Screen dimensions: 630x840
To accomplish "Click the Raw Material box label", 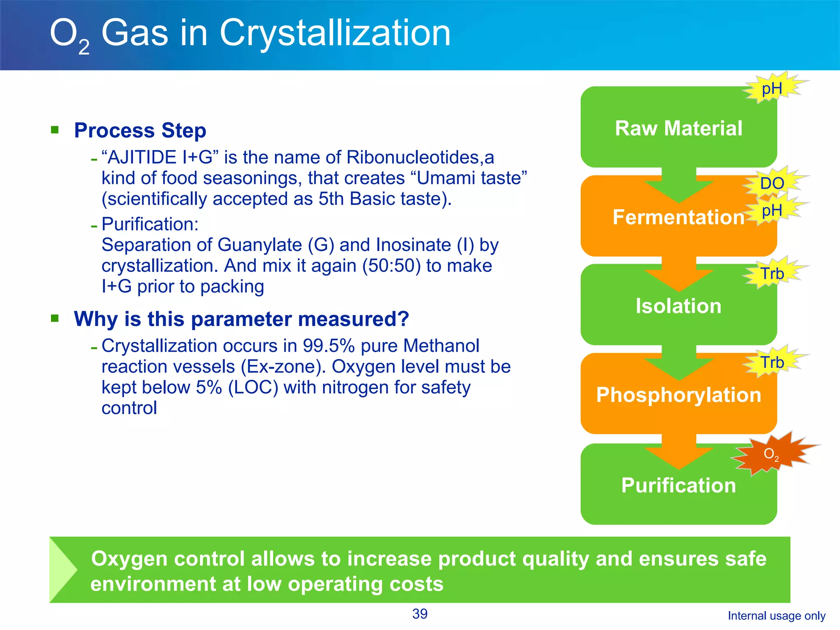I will (678, 128).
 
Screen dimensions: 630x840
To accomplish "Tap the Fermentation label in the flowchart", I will (678, 217).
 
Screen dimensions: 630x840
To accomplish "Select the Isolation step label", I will (678, 306).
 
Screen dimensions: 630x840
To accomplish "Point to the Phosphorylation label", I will (678, 395).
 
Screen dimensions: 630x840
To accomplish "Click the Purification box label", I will (678, 485).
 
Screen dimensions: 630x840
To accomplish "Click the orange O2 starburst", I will (771, 454).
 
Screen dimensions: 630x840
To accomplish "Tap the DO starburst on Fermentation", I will (772, 183).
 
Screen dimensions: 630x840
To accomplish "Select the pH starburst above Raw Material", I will (772, 89).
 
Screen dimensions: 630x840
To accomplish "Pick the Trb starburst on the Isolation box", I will (772, 274).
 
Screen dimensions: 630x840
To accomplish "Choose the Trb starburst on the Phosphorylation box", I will (772, 363).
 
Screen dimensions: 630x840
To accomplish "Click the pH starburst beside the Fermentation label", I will (772, 211).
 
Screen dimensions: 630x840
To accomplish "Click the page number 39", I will (420, 614).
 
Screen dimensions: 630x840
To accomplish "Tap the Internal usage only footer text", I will (776, 616).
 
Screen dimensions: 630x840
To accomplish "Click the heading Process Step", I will (140, 130).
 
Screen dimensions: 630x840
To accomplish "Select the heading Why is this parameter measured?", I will (241, 319).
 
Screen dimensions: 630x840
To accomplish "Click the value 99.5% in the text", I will (329, 346).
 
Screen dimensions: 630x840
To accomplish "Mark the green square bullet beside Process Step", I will (55, 130).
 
